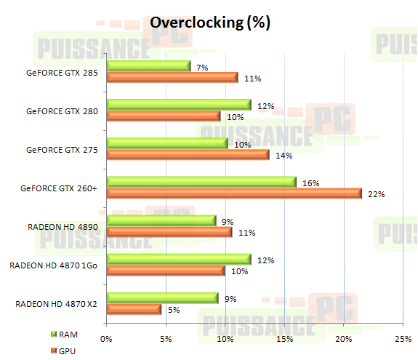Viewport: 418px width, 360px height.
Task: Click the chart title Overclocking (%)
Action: click(210, 23)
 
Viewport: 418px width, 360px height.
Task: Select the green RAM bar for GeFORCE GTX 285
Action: click(148, 66)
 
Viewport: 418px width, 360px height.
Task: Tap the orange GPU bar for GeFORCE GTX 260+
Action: click(233, 193)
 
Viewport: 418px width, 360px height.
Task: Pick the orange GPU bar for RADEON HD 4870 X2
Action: click(134, 309)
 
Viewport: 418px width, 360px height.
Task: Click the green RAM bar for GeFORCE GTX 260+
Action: click(201, 182)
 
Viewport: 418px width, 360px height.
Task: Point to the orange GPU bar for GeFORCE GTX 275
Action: click(188, 155)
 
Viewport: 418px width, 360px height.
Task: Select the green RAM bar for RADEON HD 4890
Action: click(161, 220)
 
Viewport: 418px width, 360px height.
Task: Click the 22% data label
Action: click(375, 194)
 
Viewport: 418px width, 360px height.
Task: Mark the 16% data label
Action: click(310, 183)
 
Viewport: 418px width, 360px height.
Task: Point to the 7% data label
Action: click(202, 67)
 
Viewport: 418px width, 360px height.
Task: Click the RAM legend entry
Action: click(66, 334)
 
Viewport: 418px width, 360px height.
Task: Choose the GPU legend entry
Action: click(66, 350)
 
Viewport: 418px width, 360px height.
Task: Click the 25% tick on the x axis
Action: click(403, 338)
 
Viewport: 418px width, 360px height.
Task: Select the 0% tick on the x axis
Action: click(107, 338)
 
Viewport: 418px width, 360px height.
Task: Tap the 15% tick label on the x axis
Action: click(284, 338)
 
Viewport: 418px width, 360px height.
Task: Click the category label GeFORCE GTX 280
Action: click(62, 111)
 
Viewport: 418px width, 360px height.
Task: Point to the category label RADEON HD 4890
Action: click(63, 227)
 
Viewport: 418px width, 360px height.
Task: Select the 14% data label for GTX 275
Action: click(283, 156)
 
